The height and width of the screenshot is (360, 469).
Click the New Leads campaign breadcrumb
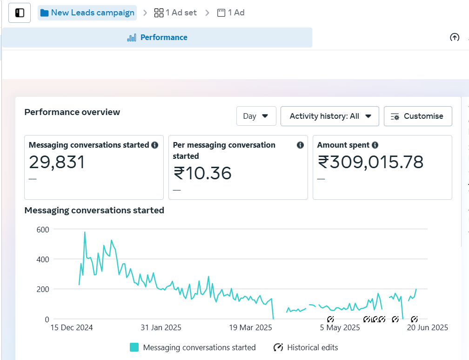pos(87,13)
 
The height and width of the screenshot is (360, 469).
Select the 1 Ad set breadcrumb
pos(175,13)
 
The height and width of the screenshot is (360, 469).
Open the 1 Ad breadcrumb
pos(231,13)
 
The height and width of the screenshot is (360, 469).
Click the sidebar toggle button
pos(20,13)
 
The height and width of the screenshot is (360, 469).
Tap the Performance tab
pos(157,37)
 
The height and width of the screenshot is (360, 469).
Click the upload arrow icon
pos(455,37)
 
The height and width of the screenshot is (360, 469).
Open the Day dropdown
pos(256,116)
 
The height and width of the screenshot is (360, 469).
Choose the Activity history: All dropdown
pos(329,116)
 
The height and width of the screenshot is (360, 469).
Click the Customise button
pos(418,116)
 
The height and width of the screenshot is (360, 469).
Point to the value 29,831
pos(57,163)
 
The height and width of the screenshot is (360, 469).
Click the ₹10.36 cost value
pos(202,173)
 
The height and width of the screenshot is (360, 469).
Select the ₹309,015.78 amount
pos(370,163)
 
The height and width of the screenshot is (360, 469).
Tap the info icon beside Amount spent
pos(375,145)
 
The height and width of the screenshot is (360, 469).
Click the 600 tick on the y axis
pos(43,230)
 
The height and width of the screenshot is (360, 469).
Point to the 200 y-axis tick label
pos(43,289)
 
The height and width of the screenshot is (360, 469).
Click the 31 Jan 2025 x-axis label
pos(161,328)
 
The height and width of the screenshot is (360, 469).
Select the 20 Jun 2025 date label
pos(428,328)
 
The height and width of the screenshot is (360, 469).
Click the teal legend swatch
pos(134,347)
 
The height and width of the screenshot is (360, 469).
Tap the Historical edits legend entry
pos(306,347)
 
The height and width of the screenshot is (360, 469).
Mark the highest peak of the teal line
pos(85,232)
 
